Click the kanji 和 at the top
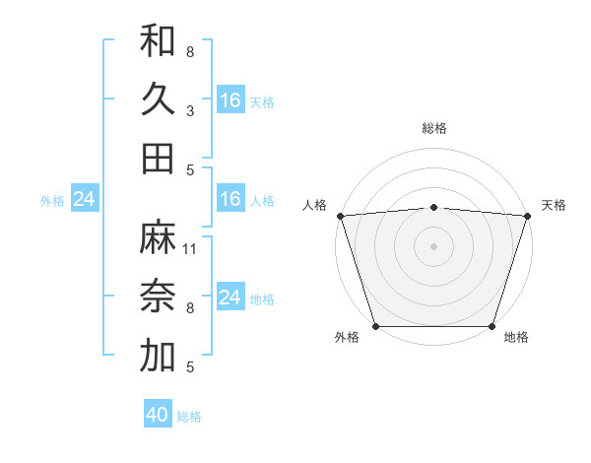pyautogui.click(x=158, y=40)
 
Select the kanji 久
pyautogui.click(x=158, y=99)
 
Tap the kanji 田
pyautogui.click(x=158, y=159)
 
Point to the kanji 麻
pyautogui.click(x=158, y=237)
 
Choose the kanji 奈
pyautogui.click(x=158, y=298)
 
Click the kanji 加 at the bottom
pyautogui.click(x=158, y=357)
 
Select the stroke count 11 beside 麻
pyautogui.click(x=190, y=249)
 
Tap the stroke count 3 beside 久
pyautogui.click(x=190, y=111)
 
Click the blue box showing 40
pyautogui.click(x=158, y=415)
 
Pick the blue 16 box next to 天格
pyautogui.click(x=230, y=99)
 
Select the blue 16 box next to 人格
pyautogui.click(x=230, y=199)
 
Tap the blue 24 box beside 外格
pyautogui.click(x=85, y=199)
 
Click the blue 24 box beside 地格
pyautogui.click(x=230, y=298)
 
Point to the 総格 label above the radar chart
pyautogui.click(x=433, y=128)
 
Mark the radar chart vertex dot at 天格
pyautogui.click(x=527, y=216)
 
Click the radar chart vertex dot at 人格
pyautogui.click(x=340, y=216)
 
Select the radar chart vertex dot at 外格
pyautogui.click(x=376, y=326)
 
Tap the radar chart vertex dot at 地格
pyautogui.click(x=492, y=326)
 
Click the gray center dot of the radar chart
pyautogui.click(x=433, y=246)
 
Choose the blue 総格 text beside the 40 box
pyautogui.click(x=189, y=417)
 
